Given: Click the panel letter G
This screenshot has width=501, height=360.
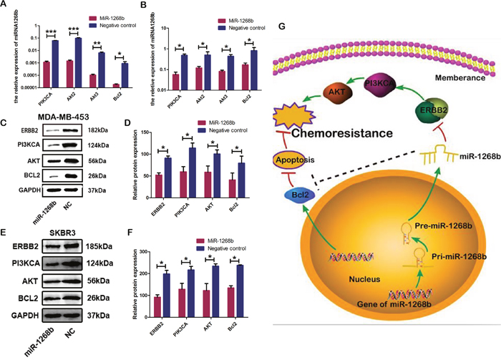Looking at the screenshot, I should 282,26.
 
